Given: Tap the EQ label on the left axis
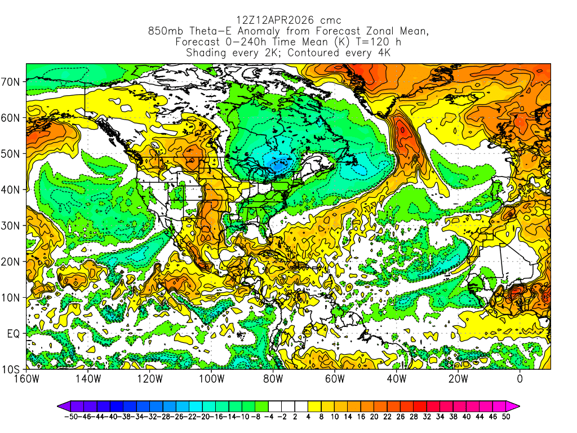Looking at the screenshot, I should point(13,333).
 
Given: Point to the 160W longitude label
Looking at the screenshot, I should point(26,378).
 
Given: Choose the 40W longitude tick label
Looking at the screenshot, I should point(396,378).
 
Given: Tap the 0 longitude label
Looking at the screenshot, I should point(520,378).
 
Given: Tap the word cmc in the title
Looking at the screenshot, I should point(327,20).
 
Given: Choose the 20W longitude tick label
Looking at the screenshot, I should point(458,378).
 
